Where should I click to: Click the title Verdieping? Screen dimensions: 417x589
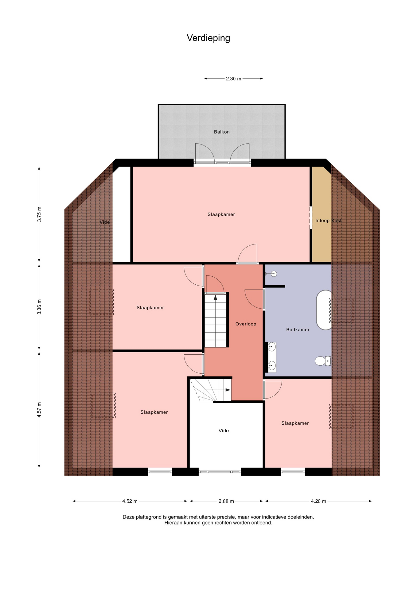(208, 38)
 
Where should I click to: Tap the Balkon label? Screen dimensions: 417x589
(222, 132)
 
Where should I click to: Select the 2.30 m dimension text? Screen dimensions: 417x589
(233, 79)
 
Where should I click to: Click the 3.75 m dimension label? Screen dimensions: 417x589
(39, 214)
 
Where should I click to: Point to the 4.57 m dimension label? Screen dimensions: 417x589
(39, 410)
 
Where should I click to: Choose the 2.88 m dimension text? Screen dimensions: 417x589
(226, 501)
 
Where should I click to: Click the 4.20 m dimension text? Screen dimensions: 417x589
(318, 501)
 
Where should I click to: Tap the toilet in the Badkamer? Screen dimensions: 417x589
(323, 361)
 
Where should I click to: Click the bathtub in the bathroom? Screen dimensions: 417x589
(324, 310)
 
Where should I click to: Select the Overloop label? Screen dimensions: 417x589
(246, 324)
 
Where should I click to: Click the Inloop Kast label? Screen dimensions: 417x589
(328, 221)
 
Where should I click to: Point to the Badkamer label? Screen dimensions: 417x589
(298, 330)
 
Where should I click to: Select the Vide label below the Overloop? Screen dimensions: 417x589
(224, 431)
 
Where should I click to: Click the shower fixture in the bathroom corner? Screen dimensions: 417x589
(272, 274)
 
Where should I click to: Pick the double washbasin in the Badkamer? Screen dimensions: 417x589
(272, 357)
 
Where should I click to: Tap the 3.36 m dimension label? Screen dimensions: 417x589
(39, 307)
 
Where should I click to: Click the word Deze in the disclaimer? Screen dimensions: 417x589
(129, 517)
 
